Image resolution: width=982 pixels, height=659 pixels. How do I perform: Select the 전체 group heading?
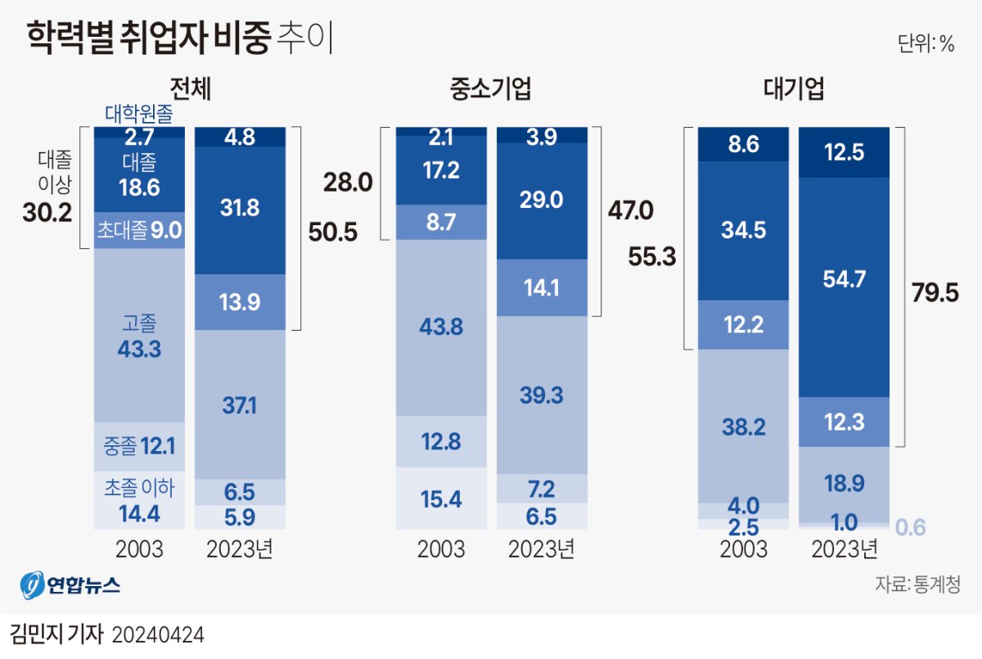tap(190, 89)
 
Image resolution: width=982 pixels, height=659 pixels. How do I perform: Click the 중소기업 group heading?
tap(490, 89)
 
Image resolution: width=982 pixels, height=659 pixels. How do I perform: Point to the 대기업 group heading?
tap(793, 89)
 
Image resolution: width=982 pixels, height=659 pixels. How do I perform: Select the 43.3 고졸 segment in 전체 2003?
tap(138, 349)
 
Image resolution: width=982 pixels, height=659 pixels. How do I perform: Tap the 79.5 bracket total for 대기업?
tap(935, 292)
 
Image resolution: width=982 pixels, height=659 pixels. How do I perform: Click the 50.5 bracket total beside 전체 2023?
tap(332, 232)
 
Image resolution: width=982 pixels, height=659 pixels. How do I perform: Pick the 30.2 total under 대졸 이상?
tap(47, 214)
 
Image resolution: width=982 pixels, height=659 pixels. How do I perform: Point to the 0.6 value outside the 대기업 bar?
tap(911, 527)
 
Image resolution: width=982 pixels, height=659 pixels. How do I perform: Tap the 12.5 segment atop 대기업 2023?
tap(843, 152)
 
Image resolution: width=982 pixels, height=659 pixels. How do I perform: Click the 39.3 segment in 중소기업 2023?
tap(542, 395)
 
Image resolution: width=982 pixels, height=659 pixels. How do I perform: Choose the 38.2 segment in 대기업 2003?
tap(742, 426)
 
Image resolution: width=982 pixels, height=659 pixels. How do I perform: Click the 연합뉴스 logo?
tap(70, 586)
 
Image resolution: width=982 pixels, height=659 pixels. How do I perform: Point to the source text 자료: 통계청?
tap(917, 585)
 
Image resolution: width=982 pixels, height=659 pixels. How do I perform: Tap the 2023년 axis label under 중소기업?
tap(542, 548)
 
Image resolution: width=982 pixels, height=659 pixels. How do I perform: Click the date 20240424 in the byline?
tap(157, 634)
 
